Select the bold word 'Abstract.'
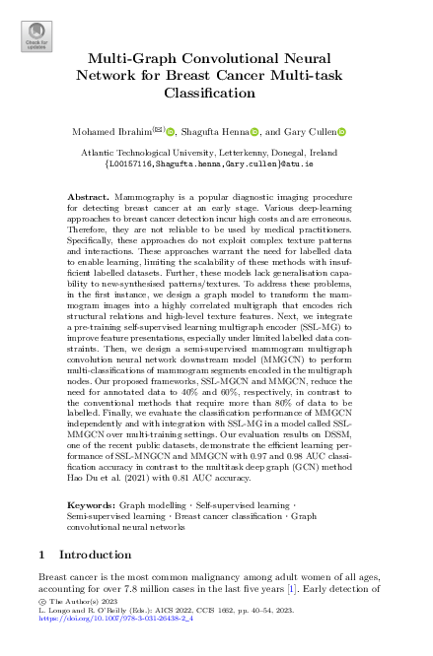[86, 198]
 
